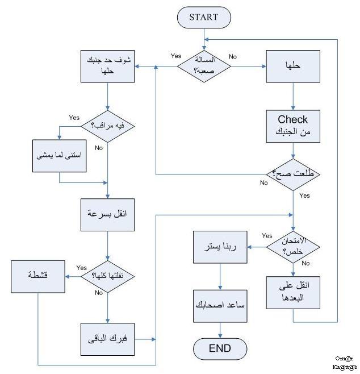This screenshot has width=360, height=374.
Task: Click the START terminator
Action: (x=204, y=17)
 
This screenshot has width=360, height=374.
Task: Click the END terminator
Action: (x=220, y=347)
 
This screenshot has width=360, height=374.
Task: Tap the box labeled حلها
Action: (x=293, y=66)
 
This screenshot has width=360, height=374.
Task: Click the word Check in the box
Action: (x=293, y=119)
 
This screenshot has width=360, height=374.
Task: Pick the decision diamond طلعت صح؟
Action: (x=293, y=173)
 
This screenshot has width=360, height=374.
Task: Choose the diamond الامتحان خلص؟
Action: (x=293, y=246)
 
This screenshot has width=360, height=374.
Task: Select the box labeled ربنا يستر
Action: (x=220, y=247)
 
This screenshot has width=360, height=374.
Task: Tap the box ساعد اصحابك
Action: (x=220, y=304)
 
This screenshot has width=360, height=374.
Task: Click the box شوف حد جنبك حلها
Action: (x=107, y=67)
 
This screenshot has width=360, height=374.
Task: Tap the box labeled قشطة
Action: (x=38, y=276)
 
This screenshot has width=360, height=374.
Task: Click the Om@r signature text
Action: (x=344, y=359)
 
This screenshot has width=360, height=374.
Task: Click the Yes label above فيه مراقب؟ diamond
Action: (x=74, y=117)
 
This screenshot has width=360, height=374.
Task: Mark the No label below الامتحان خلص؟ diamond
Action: (x=305, y=263)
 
